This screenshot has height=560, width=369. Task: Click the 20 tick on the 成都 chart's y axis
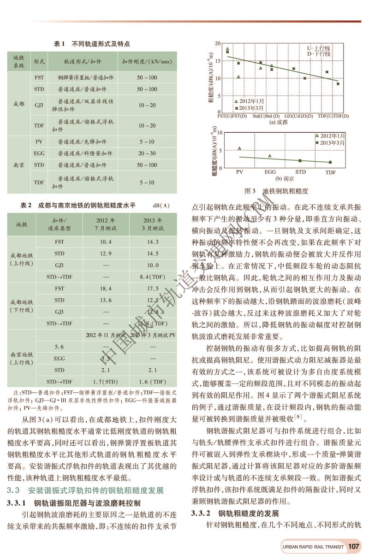coord(220,43)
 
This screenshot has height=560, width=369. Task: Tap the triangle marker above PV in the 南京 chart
coord(239,148)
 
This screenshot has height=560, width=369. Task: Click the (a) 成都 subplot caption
coord(278,122)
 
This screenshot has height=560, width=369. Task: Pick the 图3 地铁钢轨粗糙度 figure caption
coord(276,190)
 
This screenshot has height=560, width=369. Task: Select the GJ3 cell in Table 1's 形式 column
coord(39,106)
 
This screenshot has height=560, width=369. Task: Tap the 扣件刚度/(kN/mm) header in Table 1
coord(147,61)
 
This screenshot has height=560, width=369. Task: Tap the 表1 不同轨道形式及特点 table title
coord(92,44)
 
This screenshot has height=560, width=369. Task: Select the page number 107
coord(354,547)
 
